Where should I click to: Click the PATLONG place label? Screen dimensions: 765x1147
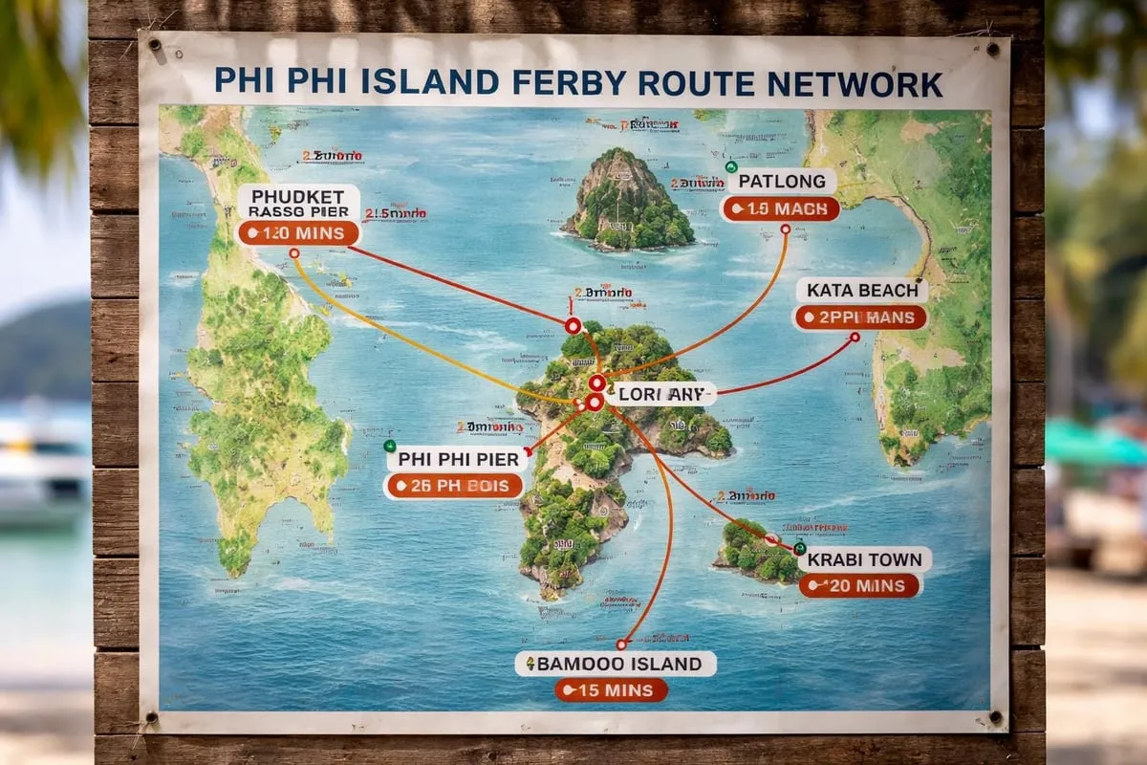782,182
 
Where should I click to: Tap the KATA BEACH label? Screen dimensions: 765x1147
861,290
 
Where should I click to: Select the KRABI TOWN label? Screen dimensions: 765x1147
864,559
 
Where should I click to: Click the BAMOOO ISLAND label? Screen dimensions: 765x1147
616,664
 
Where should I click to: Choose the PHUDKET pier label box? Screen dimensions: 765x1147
297,202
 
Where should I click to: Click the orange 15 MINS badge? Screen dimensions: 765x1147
611,690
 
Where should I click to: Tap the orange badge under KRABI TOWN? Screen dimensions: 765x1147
860,586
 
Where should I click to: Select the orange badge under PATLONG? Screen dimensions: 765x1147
781,209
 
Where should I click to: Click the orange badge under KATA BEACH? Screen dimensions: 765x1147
860,317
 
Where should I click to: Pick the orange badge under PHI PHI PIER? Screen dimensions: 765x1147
455,486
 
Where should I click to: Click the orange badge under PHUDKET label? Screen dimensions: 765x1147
297,233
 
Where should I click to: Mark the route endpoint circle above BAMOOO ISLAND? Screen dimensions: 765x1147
621,645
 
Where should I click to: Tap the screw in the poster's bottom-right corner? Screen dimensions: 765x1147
995,717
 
